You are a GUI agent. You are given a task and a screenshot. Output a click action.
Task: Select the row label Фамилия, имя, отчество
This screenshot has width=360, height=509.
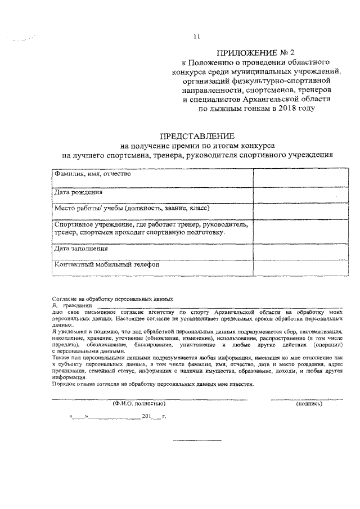93,173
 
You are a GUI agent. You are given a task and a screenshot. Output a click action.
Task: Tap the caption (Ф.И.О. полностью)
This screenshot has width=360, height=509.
137,404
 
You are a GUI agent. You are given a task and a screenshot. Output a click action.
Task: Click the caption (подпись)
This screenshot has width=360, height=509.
309,404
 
